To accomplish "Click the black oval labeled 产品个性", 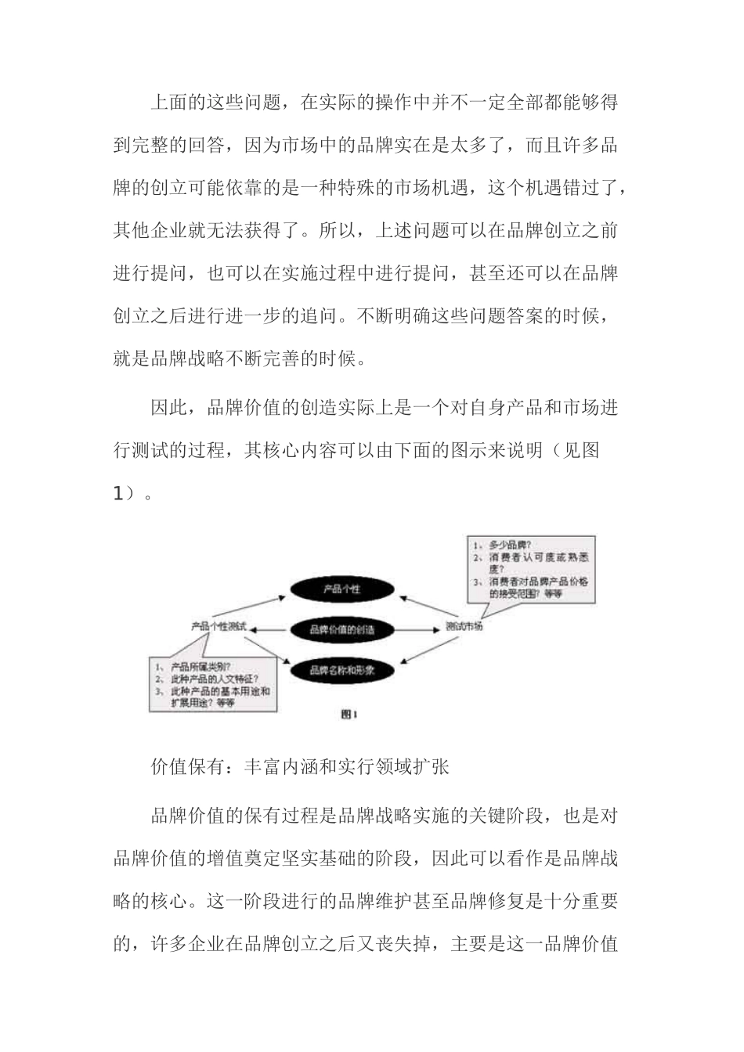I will pyautogui.click(x=341, y=589).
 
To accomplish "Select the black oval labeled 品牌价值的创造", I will pyautogui.click(x=341, y=629).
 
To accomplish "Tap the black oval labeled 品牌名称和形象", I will pyautogui.click(x=341, y=670).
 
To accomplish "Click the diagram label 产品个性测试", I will pyautogui.click(x=219, y=627).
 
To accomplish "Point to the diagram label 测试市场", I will pyautogui.click(x=464, y=627).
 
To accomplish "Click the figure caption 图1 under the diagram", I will pyautogui.click(x=349, y=713).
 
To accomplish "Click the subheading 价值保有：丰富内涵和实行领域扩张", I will pyautogui.click(x=300, y=766).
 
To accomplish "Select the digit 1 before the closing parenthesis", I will pyautogui.click(x=118, y=492).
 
